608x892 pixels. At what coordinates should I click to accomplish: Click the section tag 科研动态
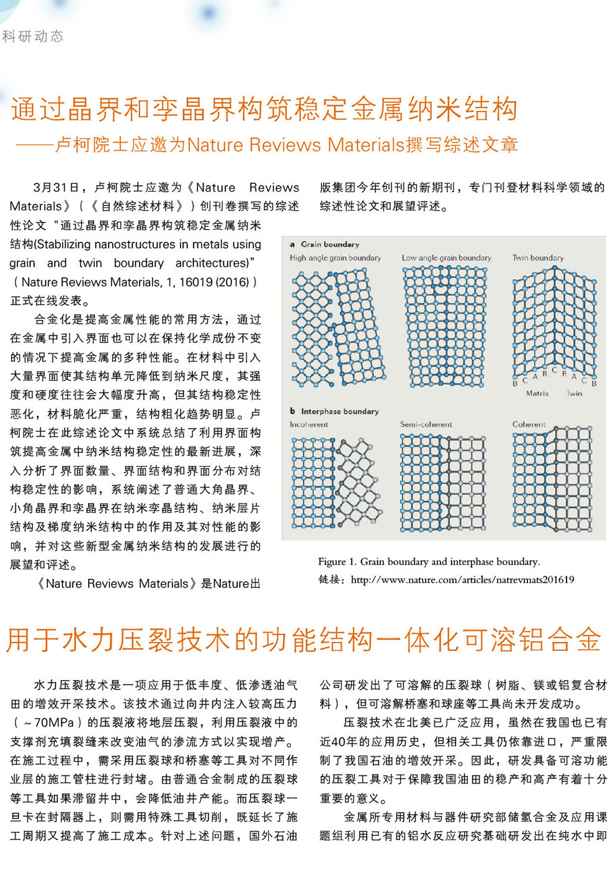point(33,37)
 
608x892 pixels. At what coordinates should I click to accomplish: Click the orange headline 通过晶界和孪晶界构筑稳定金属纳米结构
point(264,109)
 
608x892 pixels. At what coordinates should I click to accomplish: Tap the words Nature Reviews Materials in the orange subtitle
point(295,145)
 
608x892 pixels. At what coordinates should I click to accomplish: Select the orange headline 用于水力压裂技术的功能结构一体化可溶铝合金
point(304,640)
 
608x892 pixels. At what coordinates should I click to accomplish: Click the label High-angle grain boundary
point(335,258)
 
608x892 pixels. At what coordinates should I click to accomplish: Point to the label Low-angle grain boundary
point(446,258)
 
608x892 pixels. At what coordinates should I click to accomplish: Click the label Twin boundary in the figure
point(538,258)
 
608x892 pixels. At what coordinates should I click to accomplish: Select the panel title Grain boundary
point(329,244)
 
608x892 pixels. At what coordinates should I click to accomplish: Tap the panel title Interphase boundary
point(339,411)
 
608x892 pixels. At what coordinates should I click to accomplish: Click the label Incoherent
point(308,424)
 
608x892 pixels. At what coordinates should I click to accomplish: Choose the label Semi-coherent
point(426,424)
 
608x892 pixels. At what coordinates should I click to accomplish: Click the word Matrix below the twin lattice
point(537,393)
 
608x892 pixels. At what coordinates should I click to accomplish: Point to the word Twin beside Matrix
point(574,393)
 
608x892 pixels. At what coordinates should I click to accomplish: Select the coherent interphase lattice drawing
point(552,478)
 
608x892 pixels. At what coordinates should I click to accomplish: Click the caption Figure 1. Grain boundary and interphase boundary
point(429,562)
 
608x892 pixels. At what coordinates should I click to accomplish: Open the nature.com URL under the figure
point(462,580)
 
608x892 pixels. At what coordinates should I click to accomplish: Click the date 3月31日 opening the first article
point(56,187)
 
